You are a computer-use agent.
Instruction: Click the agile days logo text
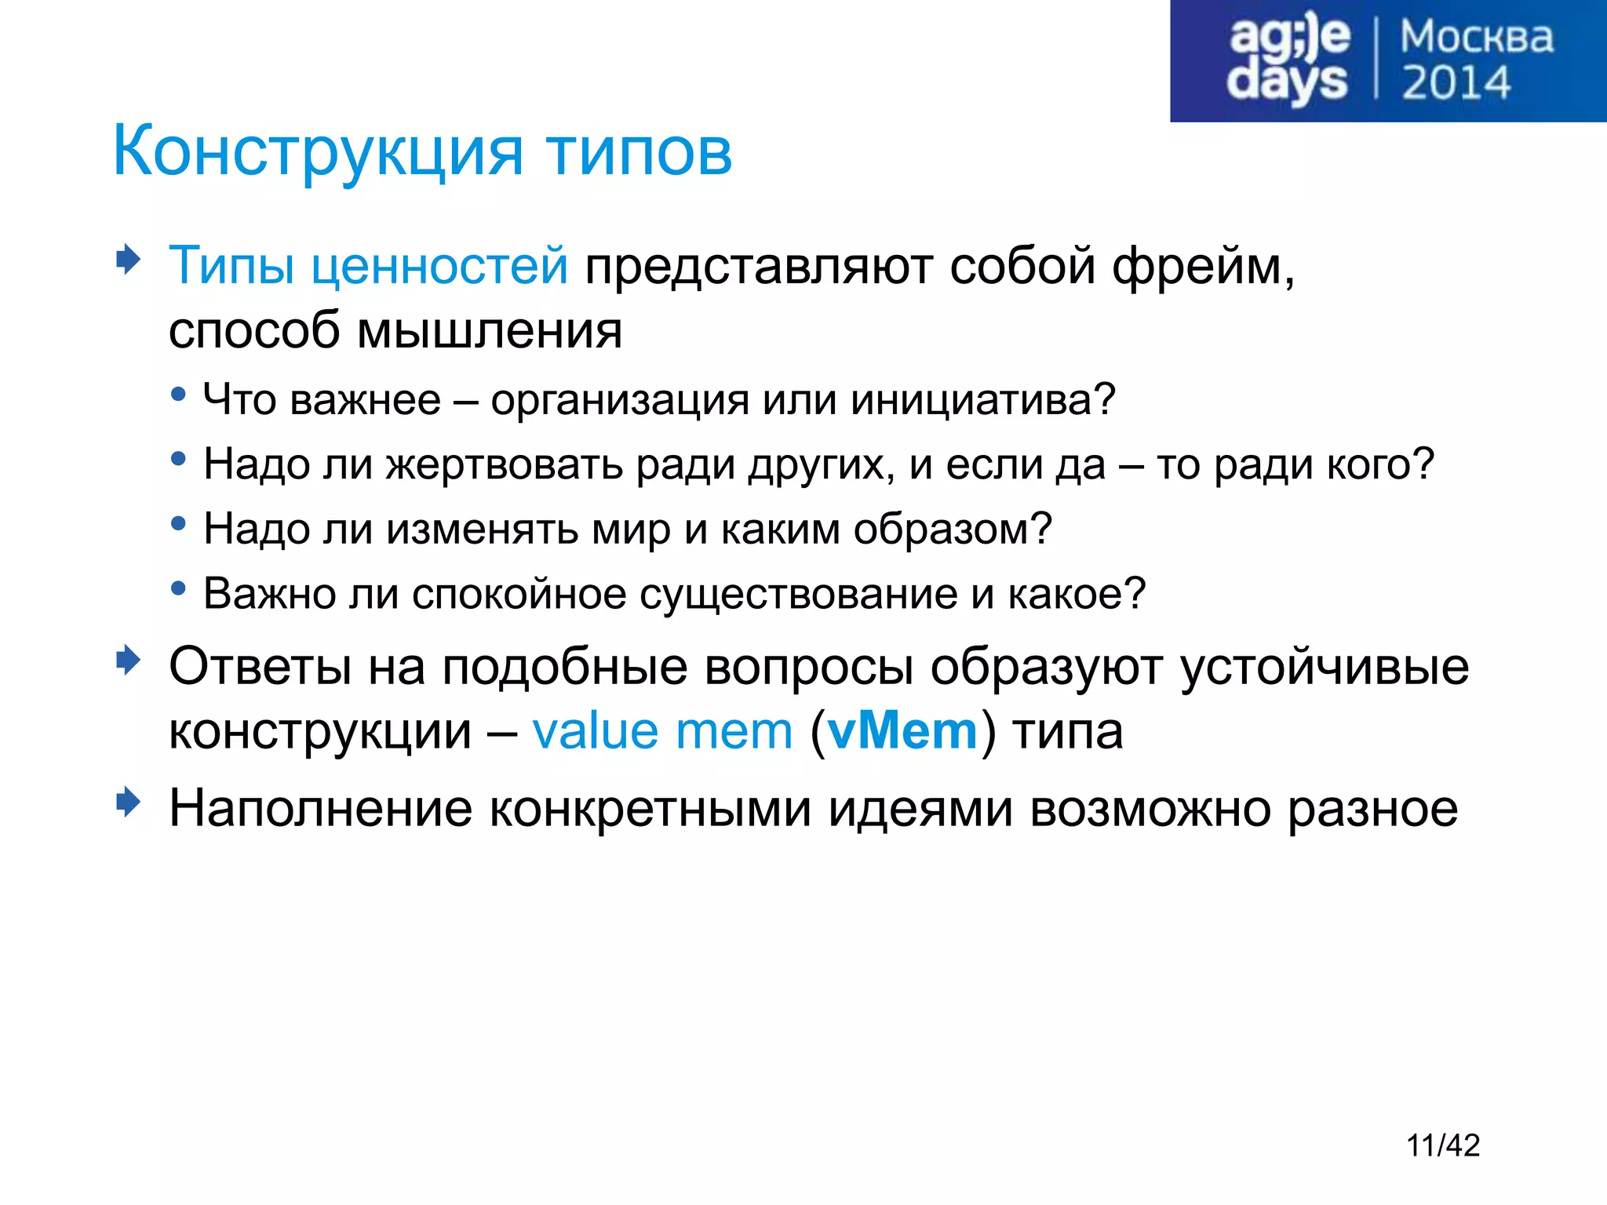1288,60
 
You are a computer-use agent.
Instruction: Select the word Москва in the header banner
1476,37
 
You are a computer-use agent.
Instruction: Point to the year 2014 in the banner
1456,83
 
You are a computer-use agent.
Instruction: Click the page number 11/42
1442,1145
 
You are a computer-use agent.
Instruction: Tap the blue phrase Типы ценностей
368,265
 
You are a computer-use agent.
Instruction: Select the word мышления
490,329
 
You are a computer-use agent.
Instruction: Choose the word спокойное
518,593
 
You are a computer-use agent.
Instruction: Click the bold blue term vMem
902,731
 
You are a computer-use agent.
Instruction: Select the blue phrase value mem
662,731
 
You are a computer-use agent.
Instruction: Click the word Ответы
260,667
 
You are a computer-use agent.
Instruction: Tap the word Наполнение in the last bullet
320,808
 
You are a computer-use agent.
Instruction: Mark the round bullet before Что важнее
179,394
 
